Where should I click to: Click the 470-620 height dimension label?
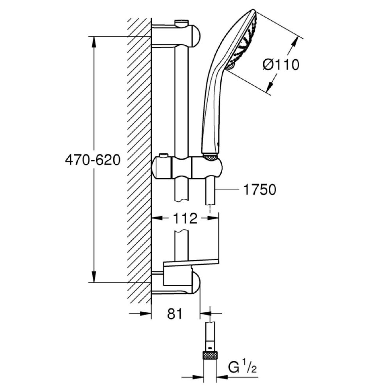point(92,160)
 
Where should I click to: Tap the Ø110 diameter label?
point(281,65)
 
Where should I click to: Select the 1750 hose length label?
point(259,190)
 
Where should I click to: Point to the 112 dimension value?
point(185,218)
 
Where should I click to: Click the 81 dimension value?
point(175,314)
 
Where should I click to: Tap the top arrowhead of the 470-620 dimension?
point(94,42)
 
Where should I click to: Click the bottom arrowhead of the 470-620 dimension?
point(94,277)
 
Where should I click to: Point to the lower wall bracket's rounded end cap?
point(195,283)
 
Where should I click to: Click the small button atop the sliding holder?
point(164,156)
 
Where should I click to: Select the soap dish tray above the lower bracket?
point(191,262)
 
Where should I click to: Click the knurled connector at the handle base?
point(211,157)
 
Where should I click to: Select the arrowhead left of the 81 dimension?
point(146,314)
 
